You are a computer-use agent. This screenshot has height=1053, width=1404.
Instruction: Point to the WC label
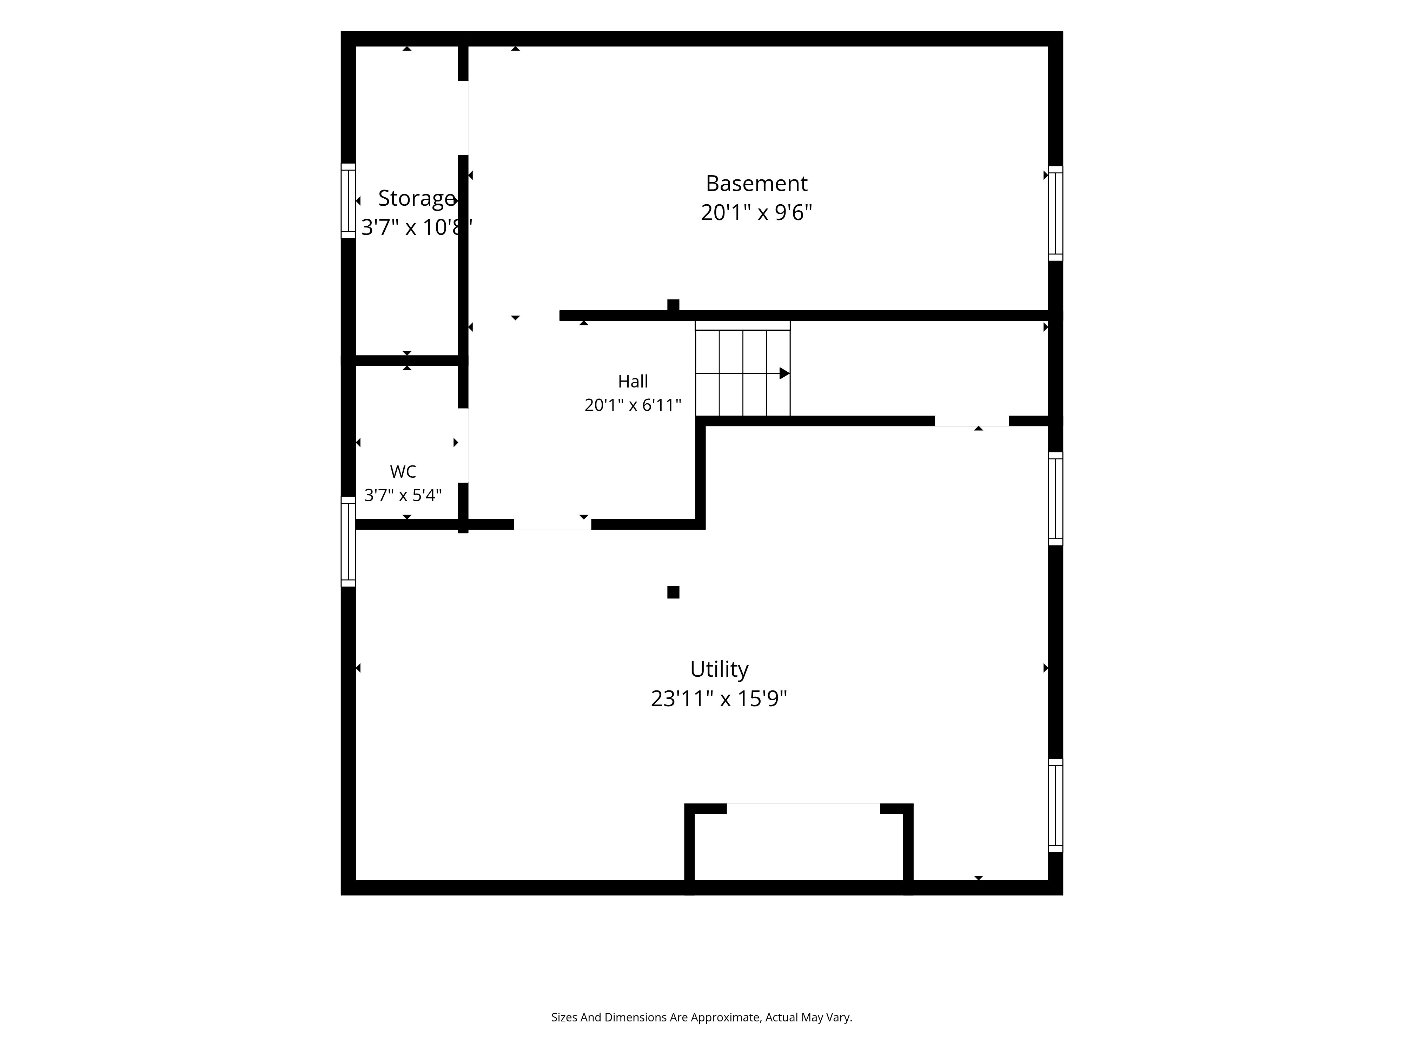coord(403,472)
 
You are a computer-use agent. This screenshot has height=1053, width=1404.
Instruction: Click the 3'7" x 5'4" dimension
coord(403,495)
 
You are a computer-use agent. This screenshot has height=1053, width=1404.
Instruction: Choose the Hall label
coord(633,382)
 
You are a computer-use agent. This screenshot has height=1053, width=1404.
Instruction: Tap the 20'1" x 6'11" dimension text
coord(633,405)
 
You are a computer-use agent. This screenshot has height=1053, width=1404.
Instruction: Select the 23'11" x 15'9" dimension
coord(719,699)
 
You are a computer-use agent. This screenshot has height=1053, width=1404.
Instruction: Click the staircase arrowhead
coord(784,373)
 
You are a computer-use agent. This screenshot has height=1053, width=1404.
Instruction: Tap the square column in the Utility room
coord(674,592)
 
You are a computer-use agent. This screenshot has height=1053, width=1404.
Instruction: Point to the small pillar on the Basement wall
coord(674,305)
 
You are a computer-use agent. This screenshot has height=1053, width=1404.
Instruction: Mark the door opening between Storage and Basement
coord(463,118)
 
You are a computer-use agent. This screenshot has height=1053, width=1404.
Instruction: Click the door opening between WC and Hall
coord(463,445)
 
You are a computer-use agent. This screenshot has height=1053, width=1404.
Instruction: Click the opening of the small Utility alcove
coord(803,809)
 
